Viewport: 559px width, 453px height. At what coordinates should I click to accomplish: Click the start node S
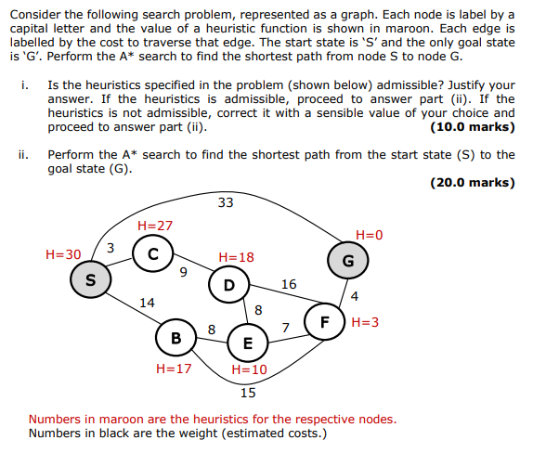click(90, 278)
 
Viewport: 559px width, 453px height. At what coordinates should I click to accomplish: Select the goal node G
click(348, 261)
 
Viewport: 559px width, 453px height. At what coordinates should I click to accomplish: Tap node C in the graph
click(151, 253)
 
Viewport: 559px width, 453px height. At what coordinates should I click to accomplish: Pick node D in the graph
click(228, 284)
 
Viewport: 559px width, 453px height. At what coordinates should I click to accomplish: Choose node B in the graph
click(175, 338)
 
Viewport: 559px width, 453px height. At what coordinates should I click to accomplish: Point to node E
click(247, 343)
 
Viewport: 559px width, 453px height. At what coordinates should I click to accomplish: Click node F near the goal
click(325, 323)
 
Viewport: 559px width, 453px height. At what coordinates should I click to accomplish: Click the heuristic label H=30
click(63, 253)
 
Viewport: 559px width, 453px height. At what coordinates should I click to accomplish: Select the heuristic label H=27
click(154, 226)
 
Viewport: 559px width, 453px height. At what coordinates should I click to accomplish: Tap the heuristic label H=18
click(236, 257)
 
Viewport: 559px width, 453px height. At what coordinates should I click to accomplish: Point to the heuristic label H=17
click(174, 369)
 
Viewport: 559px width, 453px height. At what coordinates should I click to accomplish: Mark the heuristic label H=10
click(249, 369)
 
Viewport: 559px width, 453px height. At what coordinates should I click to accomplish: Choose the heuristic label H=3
click(365, 323)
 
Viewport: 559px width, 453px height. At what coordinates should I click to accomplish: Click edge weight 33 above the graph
click(226, 202)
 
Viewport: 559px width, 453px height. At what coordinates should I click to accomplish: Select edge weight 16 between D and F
click(289, 284)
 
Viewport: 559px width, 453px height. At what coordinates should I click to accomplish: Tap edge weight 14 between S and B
click(147, 302)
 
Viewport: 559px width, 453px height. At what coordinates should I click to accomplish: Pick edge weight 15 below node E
click(248, 392)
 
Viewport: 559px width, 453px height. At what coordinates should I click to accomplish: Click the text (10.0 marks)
click(473, 127)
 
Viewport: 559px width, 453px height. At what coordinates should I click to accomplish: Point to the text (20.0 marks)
click(473, 182)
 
